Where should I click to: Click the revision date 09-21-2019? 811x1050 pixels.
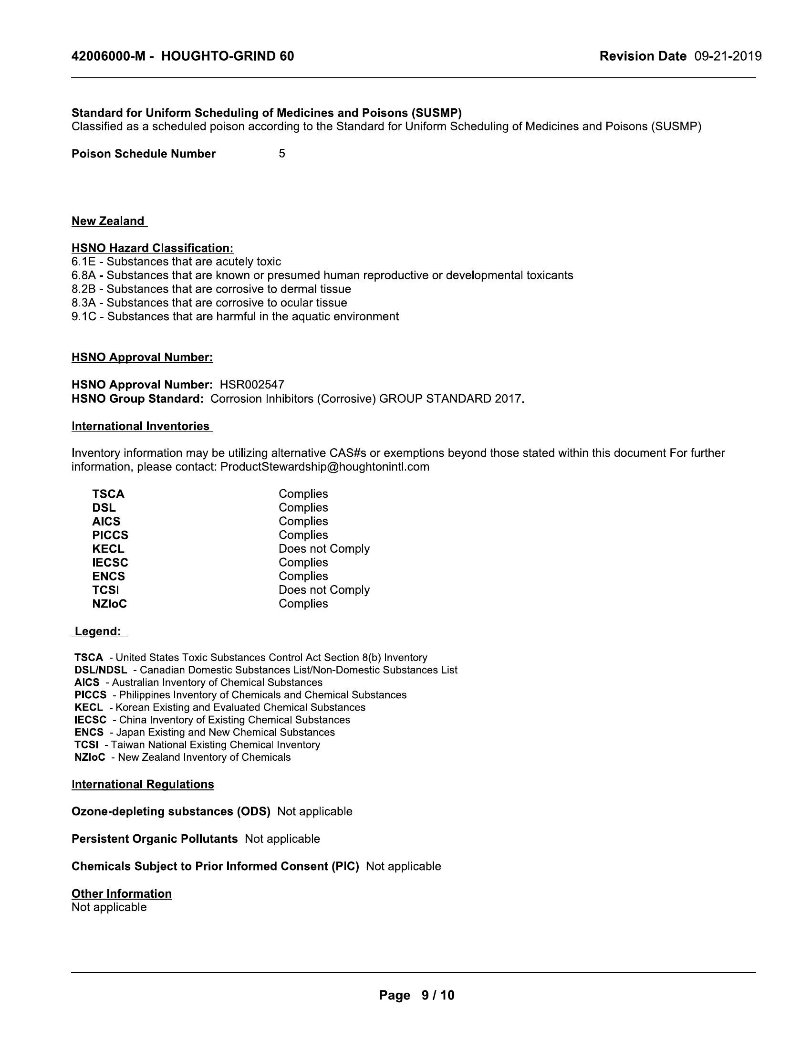[728, 56]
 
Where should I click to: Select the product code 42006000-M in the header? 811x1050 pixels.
[108, 56]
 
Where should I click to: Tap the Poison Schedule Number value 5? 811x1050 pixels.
[281, 153]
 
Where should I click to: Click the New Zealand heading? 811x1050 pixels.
[108, 221]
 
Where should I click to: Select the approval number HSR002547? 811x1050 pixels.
[252, 385]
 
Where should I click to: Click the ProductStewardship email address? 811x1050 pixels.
[325, 467]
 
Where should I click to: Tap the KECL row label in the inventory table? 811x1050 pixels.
[108, 548]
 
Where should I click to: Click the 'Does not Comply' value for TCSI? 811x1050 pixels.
[324, 590]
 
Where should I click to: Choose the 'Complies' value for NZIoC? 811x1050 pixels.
[303, 603]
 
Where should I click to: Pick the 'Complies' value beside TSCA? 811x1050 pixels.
[303, 494]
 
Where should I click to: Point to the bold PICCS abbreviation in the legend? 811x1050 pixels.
[90, 695]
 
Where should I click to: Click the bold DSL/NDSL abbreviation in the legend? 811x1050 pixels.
[100, 670]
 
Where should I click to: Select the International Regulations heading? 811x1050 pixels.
[143, 784]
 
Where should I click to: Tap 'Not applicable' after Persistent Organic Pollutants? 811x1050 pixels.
[282, 839]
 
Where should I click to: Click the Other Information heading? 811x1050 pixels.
[122, 894]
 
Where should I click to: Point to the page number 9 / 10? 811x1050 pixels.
[437, 996]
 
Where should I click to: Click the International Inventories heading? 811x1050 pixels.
[141, 426]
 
